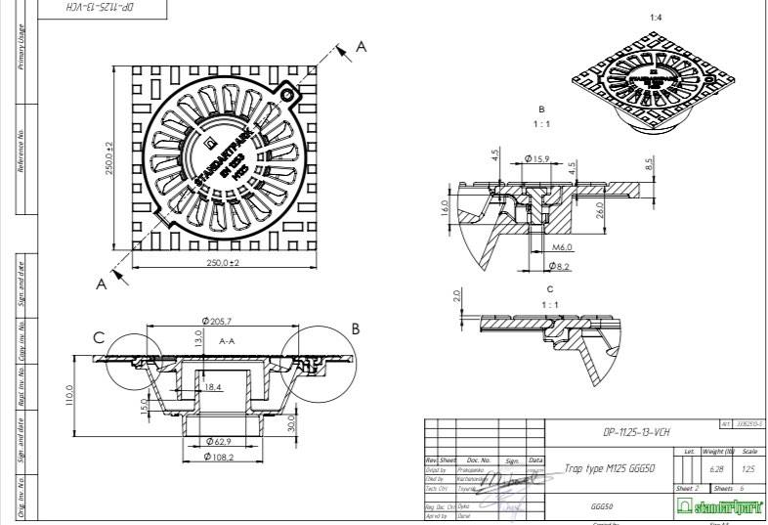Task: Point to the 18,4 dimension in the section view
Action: click(x=213, y=388)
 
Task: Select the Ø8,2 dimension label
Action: click(x=558, y=265)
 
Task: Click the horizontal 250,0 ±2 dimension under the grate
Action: click(x=224, y=263)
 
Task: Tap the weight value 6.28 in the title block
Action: click(x=717, y=470)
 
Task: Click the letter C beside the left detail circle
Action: click(x=99, y=338)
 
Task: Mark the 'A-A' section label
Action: click(x=228, y=341)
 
